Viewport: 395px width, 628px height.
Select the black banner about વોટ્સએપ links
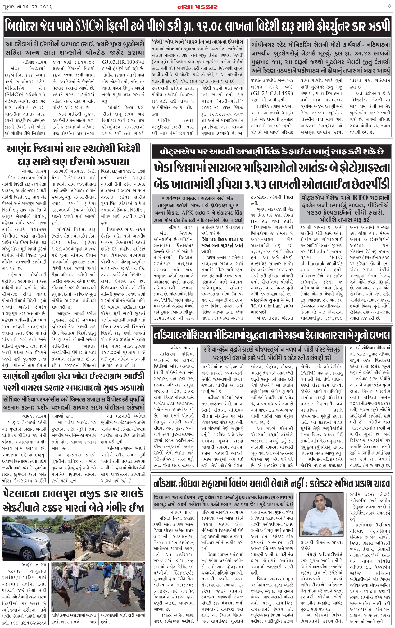coord(271,152)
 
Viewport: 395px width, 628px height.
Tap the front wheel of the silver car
coord(34,546)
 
